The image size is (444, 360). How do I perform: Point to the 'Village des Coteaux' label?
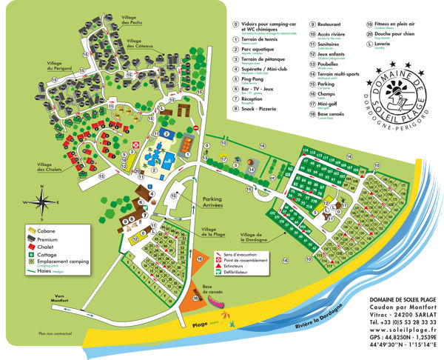coord(140,44)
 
